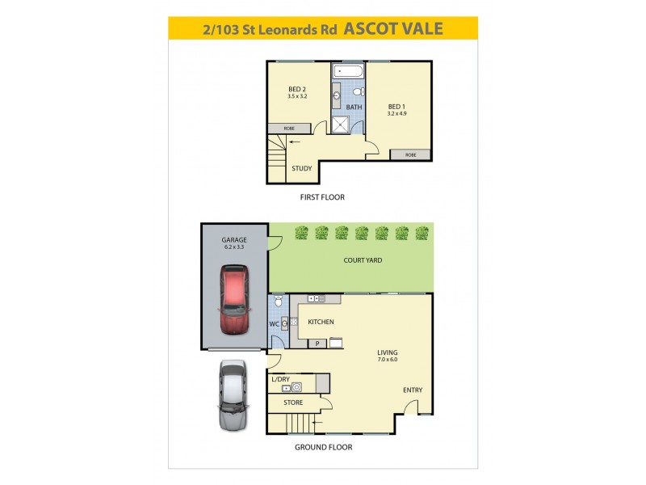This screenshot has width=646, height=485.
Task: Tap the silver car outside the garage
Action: pyautogui.click(x=232, y=394)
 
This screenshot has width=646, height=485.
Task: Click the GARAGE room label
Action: pyautogui.click(x=234, y=240)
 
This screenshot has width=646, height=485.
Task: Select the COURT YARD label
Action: pyautogui.click(x=363, y=260)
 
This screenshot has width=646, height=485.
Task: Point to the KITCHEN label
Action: pyautogui.click(x=321, y=322)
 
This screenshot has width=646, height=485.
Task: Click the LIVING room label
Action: pyautogui.click(x=387, y=352)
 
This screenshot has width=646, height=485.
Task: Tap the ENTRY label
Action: pyautogui.click(x=413, y=390)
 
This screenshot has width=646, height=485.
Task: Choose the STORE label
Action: pyautogui.click(x=293, y=402)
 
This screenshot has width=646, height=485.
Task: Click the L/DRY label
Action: pyautogui.click(x=280, y=379)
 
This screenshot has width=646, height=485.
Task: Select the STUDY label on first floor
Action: pyautogui.click(x=302, y=168)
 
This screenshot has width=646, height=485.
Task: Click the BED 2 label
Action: pyautogui.click(x=296, y=89)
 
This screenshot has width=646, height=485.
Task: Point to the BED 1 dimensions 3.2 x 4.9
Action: pyautogui.click(x=396, y=114)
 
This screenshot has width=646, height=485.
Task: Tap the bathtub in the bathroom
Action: pyautogui.click(x=348, y=71)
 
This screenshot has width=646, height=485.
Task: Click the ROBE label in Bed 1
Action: pyautogui.click(x=410, y=154)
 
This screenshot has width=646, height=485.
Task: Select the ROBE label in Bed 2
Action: pyautogui.click(x=288, y=129)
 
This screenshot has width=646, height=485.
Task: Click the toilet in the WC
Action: pyautogui.click(x=277, y=302)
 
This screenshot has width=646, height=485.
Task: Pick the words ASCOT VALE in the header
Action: pyautogui.click(x=393, y=28)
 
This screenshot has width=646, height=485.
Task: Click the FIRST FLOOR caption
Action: pyautogui.click(x=322, y=197)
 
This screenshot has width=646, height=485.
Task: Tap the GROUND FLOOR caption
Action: pyautogui.click(x=324, y=447)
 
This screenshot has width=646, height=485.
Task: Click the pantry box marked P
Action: pyautogui.click(x=318, y=344)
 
